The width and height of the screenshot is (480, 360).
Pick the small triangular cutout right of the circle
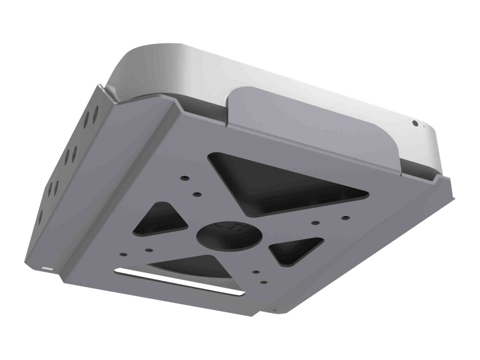point(294,250)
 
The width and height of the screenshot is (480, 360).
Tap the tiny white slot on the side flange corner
point(47,268)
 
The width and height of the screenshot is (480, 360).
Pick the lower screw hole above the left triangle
point(196,194)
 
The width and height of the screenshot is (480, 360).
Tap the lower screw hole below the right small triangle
point(264,282)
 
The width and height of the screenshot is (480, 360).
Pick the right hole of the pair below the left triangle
point(149,250)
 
